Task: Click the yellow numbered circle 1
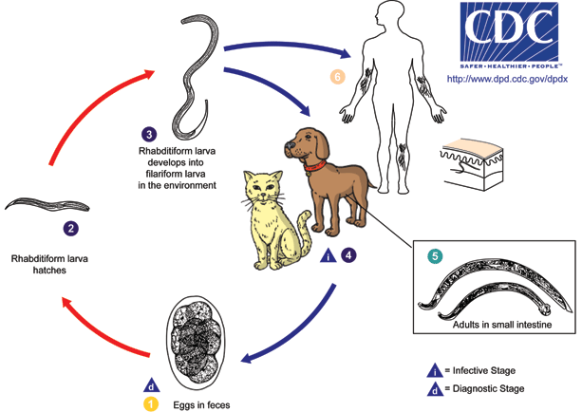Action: [x=151, y=404]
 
